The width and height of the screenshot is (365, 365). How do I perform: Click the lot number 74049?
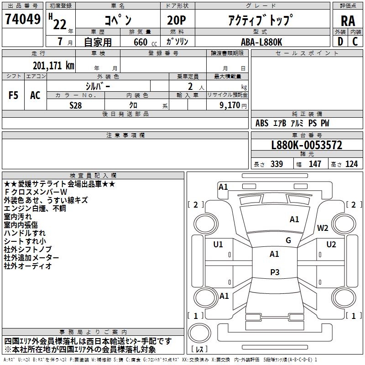coord(23,19)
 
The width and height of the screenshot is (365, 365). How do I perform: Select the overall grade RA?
coord(348,21)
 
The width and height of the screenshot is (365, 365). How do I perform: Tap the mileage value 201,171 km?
coord(53,66)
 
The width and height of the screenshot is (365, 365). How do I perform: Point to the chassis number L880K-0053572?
coord(307,145)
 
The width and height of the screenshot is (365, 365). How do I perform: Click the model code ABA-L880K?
coord(261,42)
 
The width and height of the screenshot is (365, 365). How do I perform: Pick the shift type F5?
coord(13,95)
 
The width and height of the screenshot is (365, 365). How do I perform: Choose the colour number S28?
coord(76,105)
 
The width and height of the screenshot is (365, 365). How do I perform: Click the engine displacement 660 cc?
coord(145,42)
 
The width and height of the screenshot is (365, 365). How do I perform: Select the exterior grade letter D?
coord(340,42)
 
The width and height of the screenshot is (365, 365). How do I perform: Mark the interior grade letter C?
coord(355,42)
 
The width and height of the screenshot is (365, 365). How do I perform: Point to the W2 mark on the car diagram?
coord(323,228)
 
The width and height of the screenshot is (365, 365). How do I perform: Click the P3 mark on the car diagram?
coord(275,272)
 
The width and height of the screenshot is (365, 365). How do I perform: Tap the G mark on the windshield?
coord(288,240)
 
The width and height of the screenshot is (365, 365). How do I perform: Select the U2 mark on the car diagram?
coord(331,245)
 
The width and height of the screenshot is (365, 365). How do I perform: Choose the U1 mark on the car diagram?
coord(218,245)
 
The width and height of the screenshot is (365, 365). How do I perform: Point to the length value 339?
coord(277,164)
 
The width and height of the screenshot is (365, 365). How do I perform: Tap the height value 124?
coord(351,164)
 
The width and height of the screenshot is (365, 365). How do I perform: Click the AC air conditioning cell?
coord(35,95)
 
